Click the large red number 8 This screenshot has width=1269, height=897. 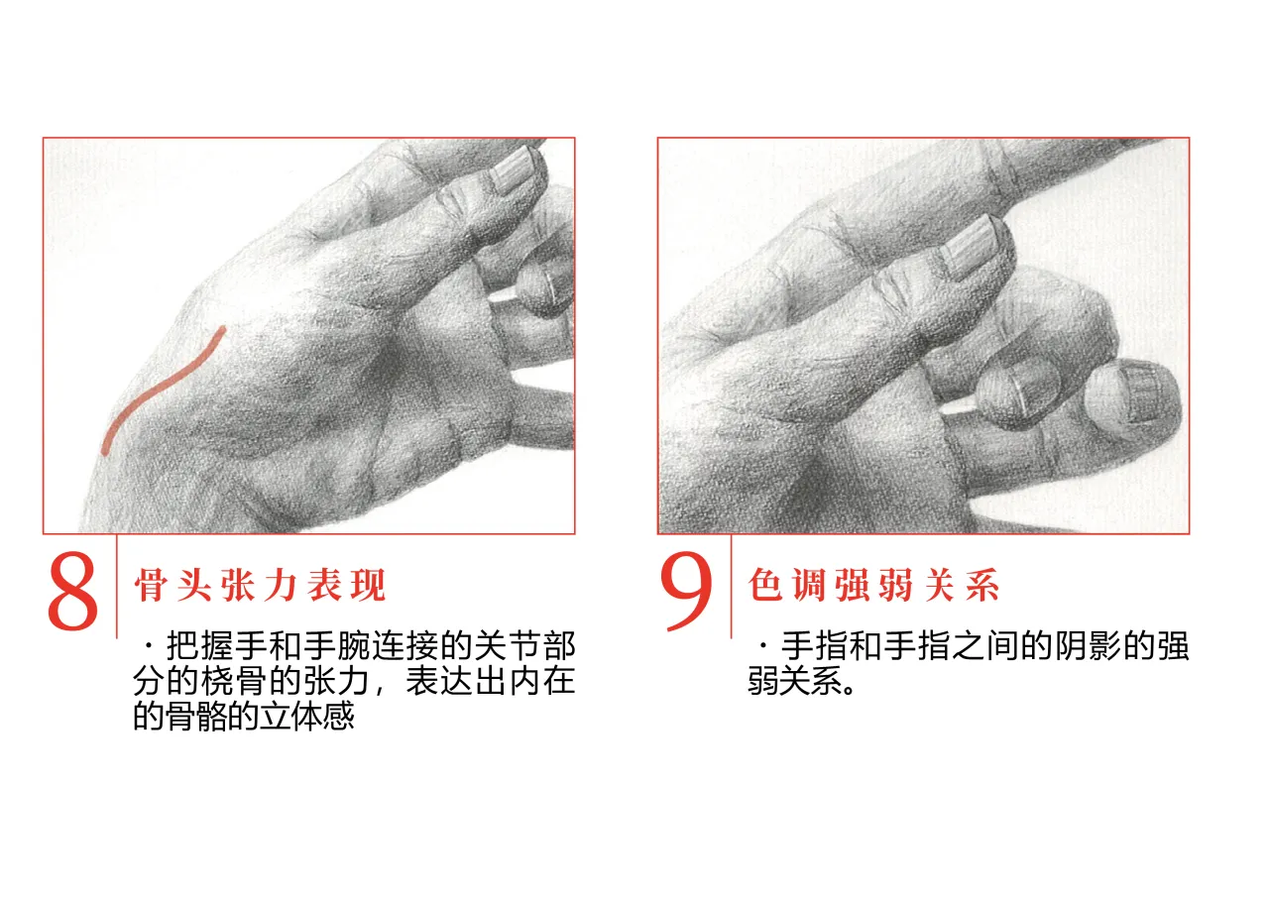point(73,593)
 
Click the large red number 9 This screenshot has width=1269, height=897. point(687,591)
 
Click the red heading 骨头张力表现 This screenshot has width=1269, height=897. point(260,585)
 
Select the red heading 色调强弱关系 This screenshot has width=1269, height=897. point(873,585)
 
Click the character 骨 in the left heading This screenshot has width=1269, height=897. point(150,585)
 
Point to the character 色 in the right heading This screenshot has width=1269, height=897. point(764,585)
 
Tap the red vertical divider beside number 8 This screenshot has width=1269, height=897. point(117,587)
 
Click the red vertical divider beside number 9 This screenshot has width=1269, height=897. point(731,587)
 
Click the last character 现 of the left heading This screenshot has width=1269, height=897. point(370,585)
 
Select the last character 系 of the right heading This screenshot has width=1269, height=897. point(982,585)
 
